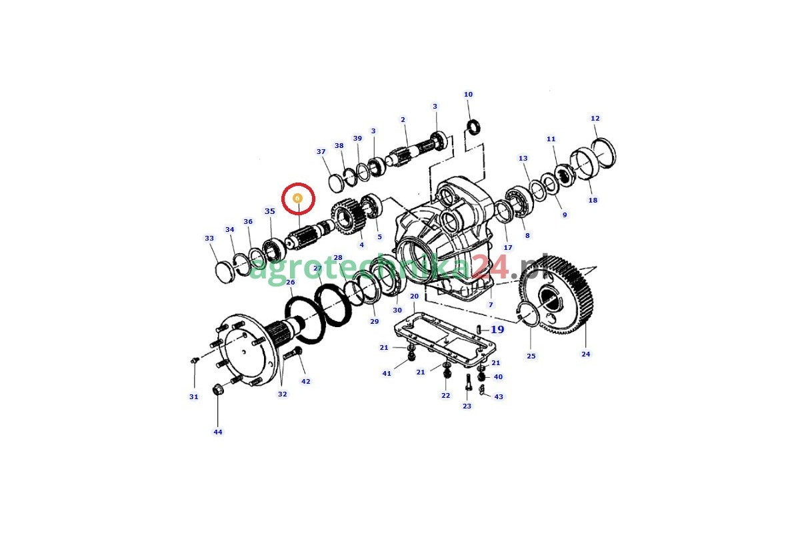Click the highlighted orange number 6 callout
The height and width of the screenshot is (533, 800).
(x=297, y=198)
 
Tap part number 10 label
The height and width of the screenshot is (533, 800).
(x=468, y=94)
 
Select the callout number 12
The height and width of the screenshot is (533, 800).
(x=595, y=118)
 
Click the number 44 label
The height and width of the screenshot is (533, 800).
(x=218, y=432)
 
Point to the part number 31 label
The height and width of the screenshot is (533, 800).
(x=193, y=396)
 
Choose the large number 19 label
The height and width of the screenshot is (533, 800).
(x=497, y=329)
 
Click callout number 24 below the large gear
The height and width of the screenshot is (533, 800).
(x=586, y=354)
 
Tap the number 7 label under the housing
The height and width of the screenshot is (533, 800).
(x=491, y=304)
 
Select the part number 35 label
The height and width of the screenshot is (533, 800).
(x=269, y=211)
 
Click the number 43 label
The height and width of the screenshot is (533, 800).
(x=499, y=396)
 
